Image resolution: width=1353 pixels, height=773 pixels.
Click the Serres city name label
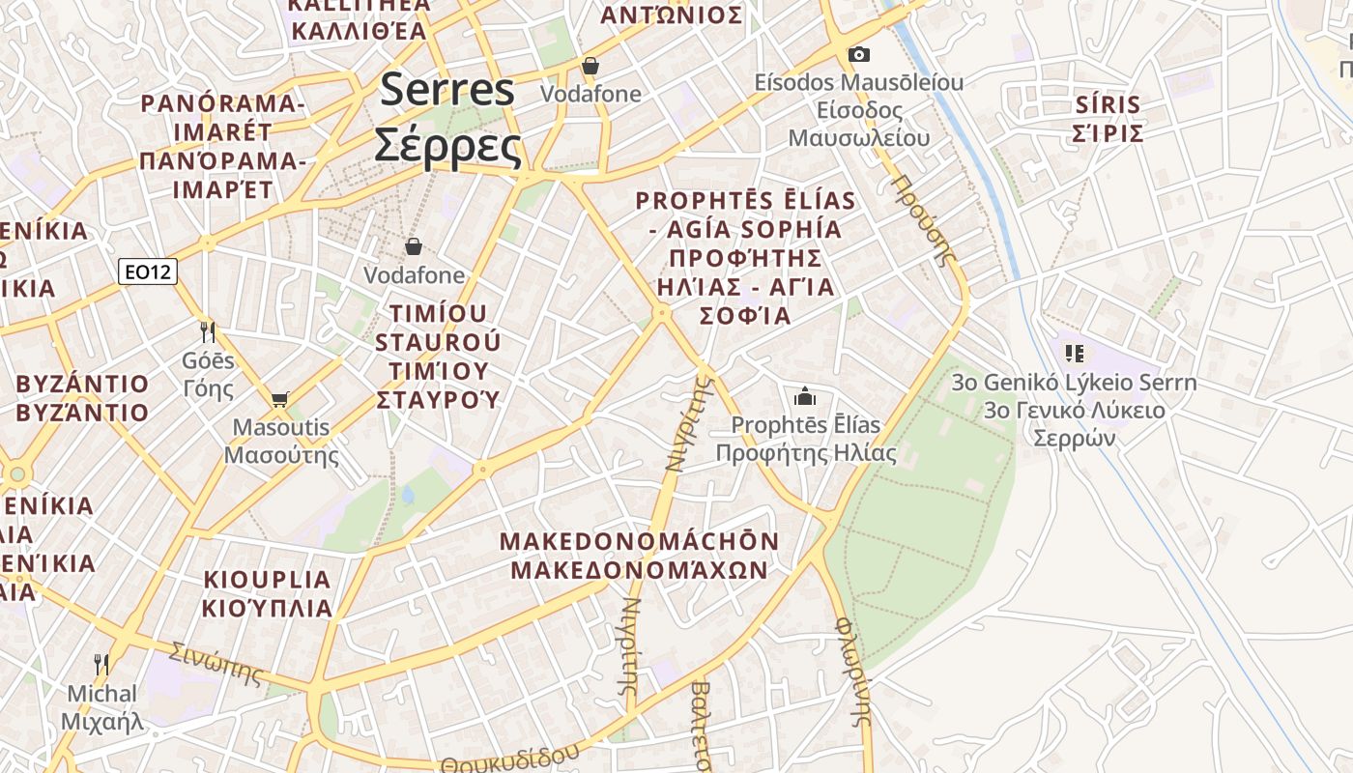coord(447,118)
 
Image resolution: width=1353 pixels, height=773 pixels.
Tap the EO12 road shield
coord(148,272)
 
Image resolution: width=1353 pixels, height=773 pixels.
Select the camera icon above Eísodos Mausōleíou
coord(858,54)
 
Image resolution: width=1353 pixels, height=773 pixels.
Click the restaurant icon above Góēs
coord(208,332)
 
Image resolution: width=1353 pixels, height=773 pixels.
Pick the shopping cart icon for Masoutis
coord(280,399)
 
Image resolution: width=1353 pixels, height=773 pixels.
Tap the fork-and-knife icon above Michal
coord(101,665)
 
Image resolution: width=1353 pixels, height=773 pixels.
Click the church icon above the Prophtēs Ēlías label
coord(804,396)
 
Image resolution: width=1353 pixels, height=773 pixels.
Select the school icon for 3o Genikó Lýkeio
coord(1074,354)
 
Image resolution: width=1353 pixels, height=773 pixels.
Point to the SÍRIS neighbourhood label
coord(1108,119)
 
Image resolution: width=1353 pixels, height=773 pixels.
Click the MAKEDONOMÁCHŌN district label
coord(639,556)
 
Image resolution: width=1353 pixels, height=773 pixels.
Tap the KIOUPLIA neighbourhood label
coord(268,593)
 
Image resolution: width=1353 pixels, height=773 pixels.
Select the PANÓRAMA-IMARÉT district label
coord(222,145)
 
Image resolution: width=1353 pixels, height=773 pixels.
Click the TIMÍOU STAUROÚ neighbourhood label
coord(438,356)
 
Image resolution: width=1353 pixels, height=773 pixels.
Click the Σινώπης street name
coord(216,663)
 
